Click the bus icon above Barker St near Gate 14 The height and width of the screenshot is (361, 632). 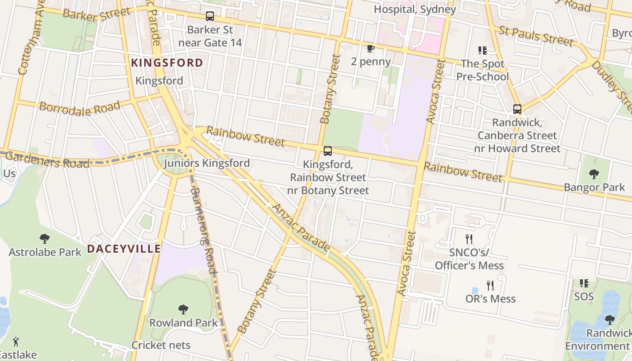pyautogui.click(x=210, y=16)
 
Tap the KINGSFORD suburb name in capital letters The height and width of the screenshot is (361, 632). pyautogui.click(x=167, y=63)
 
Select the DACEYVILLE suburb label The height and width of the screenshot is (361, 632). pyautogui.click(x=124, y=249)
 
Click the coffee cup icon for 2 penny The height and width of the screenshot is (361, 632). pyautogui.click(x=370, y=48)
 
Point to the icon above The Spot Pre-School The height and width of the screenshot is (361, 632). pyautogui.click(x=482, y=51)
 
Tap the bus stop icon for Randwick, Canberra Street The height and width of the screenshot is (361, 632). pyautogui.click(x=517, y=109)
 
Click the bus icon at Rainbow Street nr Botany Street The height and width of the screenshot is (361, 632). pyautogui.click(x=328, y=151)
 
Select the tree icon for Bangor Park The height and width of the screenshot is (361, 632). pyautogui.click(x=594, y=174)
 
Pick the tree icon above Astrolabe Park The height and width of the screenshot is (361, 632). pyautogui.click(x=44, y=238)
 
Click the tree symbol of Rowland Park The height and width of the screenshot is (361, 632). pyautogui.click(x=183, y=309)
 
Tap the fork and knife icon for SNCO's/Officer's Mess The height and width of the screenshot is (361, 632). pyautogui.click(x=469, y=239)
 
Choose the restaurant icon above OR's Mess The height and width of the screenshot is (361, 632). pyautogui.click(x=490, y=285)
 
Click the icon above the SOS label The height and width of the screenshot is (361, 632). pyautogui.click(x=584, y=283)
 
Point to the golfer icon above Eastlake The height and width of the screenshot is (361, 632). pyautogui.click(x=16, y=341)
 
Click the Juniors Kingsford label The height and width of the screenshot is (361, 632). pyautogui.click(x=207, y=163)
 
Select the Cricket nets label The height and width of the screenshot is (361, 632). pyautogui.click(x=161, y=345)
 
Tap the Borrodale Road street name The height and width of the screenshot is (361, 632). pyautogui.click(x=80, y=108)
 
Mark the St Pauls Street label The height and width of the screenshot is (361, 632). pyautogui.click(x=536, y=36)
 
